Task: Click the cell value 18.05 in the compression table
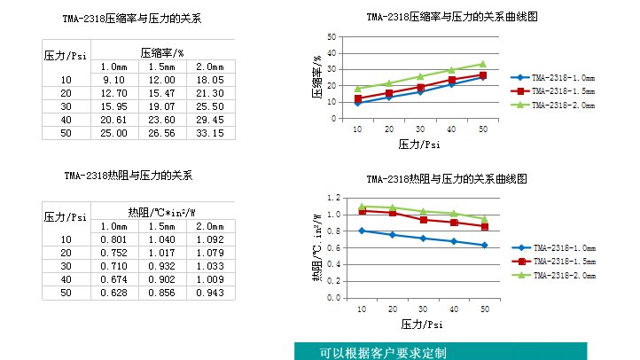209,80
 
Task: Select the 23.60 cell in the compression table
161,120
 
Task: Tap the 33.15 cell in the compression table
209,133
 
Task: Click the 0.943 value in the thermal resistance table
209,293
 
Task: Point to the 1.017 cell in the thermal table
161,253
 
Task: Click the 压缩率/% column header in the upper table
161,53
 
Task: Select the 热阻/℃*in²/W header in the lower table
161,213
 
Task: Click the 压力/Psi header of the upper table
66,54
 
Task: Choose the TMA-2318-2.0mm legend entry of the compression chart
558,105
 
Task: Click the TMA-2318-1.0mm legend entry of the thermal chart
558,248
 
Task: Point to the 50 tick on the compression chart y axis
332,36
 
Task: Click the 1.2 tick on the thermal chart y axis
334,198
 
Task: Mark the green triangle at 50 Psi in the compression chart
483,64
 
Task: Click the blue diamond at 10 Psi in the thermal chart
361,231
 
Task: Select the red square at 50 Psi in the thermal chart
484,227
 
